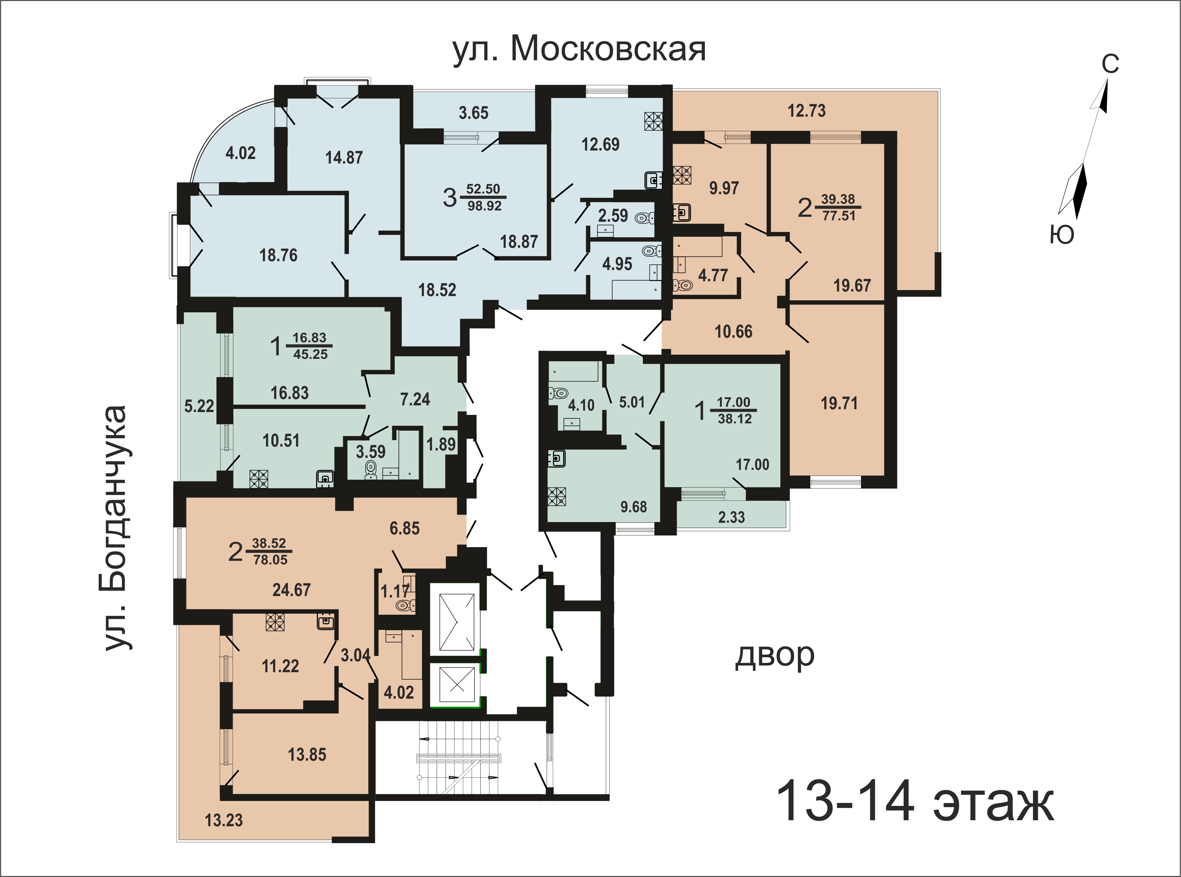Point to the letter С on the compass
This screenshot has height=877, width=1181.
click(1110, 64)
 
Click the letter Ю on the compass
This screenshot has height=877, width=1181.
click(1062, 234)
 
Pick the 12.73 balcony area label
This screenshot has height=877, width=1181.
click(806, 111)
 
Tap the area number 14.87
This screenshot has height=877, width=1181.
click(344, 158)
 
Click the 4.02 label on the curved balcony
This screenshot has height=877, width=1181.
click(240, 153)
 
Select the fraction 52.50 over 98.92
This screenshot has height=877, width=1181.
click(484, 197)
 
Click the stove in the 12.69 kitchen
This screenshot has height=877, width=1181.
click(653, 121)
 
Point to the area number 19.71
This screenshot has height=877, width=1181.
click(839, 404)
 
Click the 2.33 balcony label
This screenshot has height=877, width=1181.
click(731, 517)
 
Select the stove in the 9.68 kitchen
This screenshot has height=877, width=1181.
click(557, 496)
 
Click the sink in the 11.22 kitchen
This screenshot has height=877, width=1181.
click(325, 621)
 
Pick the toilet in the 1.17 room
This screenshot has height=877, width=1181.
click(406, 605)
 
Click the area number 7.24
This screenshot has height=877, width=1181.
click(415, 399)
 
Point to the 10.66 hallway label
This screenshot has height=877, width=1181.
click(733, 332)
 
